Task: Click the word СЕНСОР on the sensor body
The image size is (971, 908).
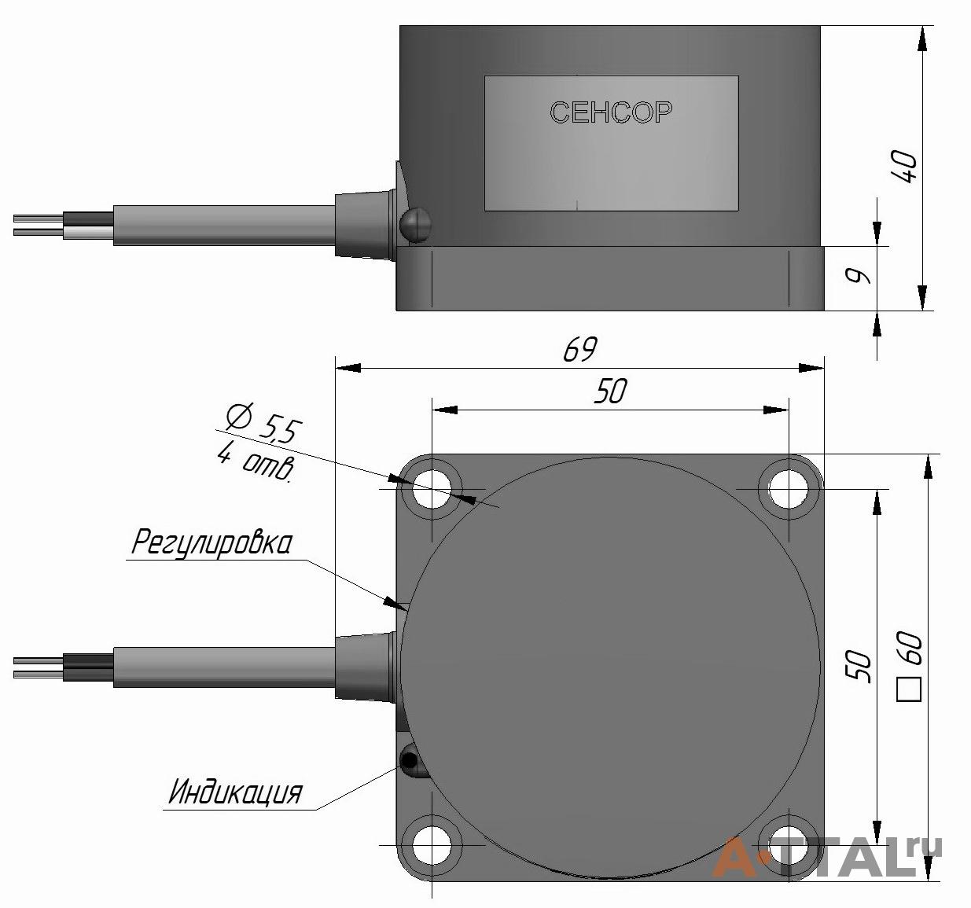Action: coord(611,112)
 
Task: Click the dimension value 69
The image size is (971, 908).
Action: coord(580,349)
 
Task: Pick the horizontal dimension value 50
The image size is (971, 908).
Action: coord(610,391)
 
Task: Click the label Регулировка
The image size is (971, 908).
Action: coord(211,542)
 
